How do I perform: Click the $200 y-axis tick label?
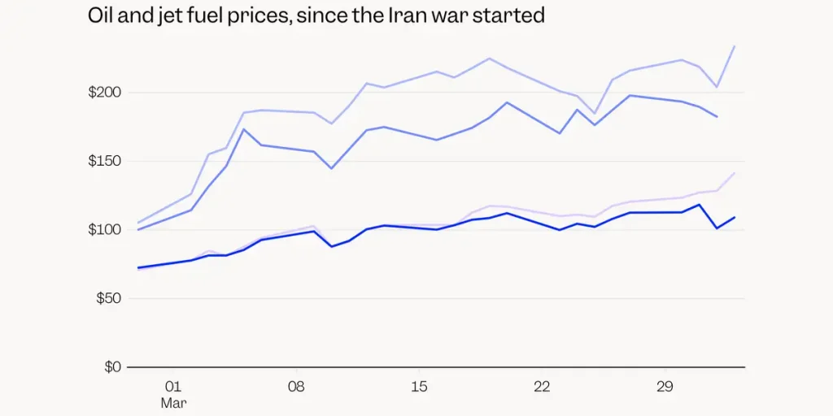pos(104,93)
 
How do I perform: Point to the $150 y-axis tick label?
pos(104,161)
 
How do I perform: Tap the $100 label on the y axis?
pos(104,230)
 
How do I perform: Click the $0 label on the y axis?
pos(112,367)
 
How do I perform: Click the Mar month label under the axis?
pos(172,402)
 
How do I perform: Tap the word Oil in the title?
pos(102,15)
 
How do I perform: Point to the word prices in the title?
pos(259,15)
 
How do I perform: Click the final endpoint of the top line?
pos(735,46)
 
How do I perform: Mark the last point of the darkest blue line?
pos(735,217)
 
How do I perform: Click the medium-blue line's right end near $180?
pos(717,117)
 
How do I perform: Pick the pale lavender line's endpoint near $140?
pos(735,173)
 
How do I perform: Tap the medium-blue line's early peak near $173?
pos(244,129)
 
